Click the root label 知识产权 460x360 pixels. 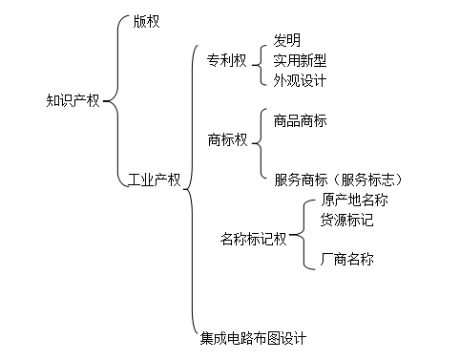(x=73, y=99)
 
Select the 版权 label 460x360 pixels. (x=147, y=21)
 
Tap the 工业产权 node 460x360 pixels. (x=154, y=179)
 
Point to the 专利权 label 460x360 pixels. (x=226, y=59)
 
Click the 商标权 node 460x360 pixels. (x=226, y=139)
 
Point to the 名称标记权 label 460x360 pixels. (x=253, y=239)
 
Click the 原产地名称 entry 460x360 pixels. (x=355, y=200)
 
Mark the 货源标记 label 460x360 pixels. (x=347, y=220)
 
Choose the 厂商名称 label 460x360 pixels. (x=347, y=258)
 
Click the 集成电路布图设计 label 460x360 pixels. (x=253, y=337)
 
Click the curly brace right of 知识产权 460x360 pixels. (x=114, y=99)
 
